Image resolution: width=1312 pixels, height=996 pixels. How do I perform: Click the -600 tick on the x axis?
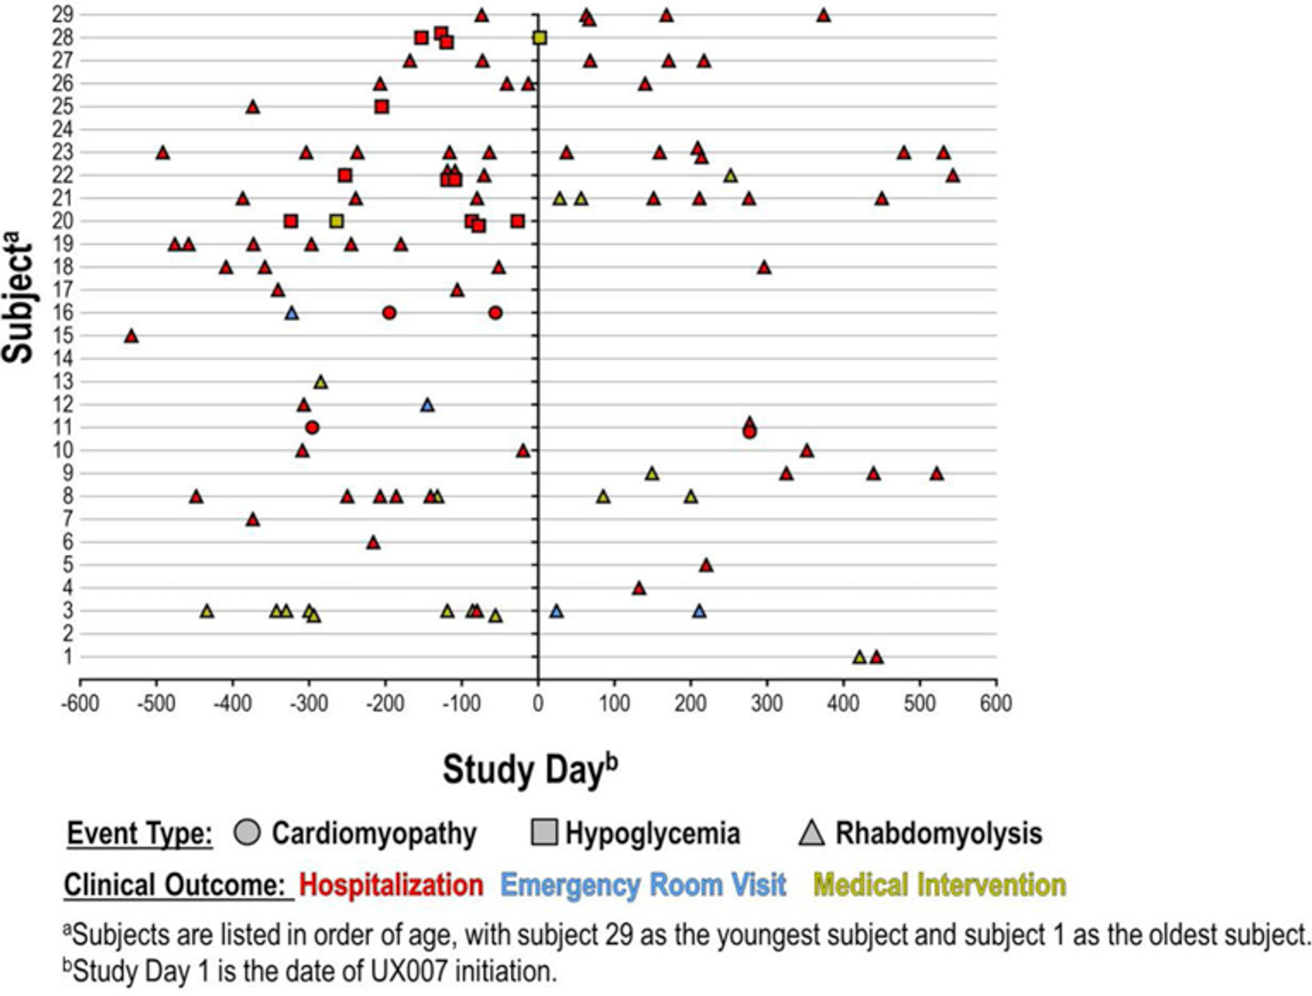coord(80,704)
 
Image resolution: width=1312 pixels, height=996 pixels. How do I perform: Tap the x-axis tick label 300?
coord(767,704)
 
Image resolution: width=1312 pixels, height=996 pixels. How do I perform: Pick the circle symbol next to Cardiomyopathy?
coord(247,832)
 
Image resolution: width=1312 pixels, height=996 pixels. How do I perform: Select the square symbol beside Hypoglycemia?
coord(545,832)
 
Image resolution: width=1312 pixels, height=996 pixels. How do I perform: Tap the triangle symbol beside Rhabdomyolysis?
coord(811,832)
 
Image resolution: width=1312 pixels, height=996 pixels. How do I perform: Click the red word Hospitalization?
coord(391,885)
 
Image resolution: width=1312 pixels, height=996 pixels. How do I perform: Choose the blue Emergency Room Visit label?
coord(643,885)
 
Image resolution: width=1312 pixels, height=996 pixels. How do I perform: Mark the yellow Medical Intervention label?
coord(939,885)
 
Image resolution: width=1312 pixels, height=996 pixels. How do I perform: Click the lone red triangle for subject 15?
coord(131,336)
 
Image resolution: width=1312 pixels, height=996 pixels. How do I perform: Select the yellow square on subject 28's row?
coord(539,38)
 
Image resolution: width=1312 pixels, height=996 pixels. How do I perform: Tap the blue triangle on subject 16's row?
coord(292,314)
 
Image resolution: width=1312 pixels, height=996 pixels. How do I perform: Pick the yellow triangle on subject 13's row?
coord(321,382)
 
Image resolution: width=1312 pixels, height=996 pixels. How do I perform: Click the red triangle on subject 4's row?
coord(639,588)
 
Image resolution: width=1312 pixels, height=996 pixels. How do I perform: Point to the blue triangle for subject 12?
coord(427,405)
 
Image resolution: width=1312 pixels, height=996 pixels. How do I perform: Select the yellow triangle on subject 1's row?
coord(859,657)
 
